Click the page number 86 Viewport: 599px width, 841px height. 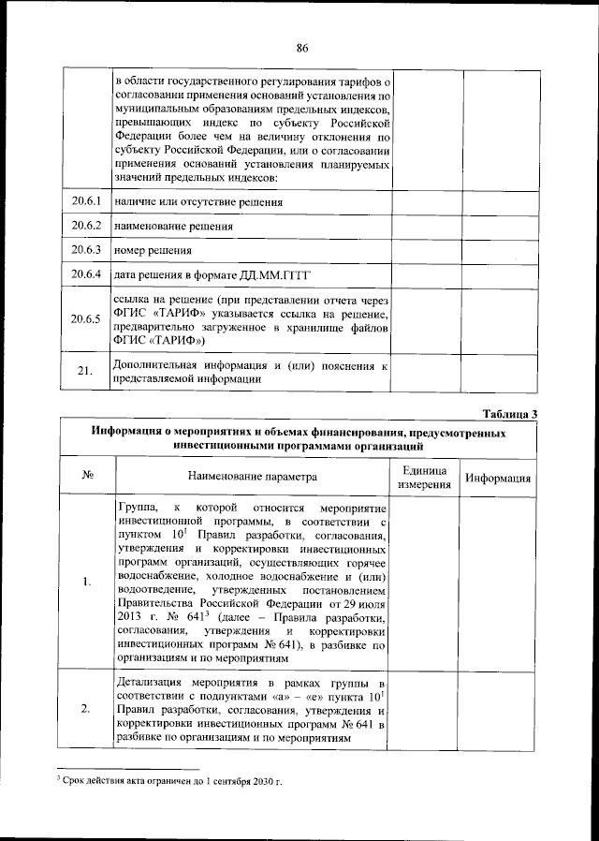click(302, 49)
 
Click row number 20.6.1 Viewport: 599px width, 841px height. click(85, 201)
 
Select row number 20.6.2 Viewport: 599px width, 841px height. click(85, 226)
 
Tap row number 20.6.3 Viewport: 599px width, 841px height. click(85, 250)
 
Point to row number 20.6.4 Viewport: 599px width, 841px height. click(85, 274)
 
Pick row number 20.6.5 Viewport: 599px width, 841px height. click(85, 319)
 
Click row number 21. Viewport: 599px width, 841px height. click(85, 372)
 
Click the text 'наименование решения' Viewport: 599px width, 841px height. click(173, 227)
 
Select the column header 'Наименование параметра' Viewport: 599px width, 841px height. click(253, 477)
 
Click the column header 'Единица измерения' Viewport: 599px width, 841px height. click(424, 478)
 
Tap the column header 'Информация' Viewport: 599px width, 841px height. click(499, 478)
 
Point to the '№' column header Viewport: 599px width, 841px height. click(86, 477)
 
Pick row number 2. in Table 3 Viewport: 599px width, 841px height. click(86, 708)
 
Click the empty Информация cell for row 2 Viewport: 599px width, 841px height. click(499, 708)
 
